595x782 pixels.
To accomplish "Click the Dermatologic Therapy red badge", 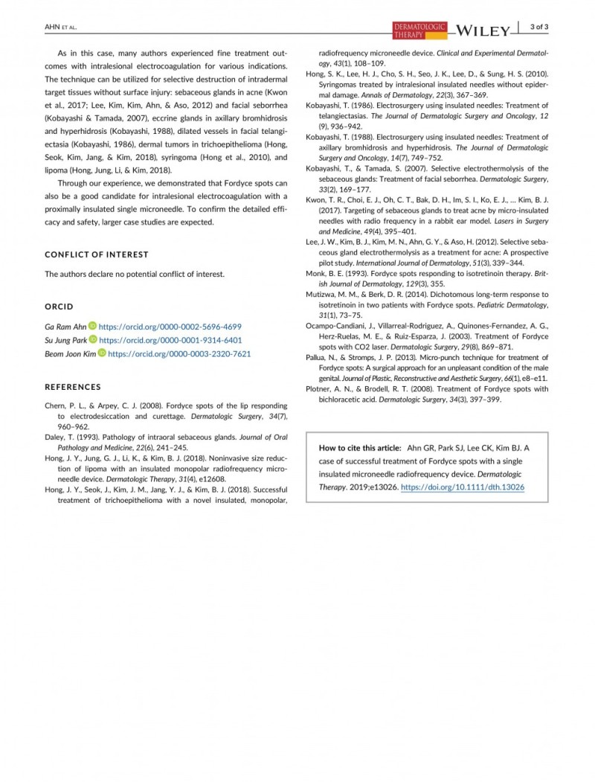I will click(419, 30).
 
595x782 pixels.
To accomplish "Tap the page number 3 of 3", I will click(539, 28).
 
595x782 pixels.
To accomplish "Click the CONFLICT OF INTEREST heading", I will click(97, 254).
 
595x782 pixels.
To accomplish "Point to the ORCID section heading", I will click(59, 307).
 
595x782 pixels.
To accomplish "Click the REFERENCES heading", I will click(73, 387).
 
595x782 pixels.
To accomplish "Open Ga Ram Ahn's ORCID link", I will click(170, 327).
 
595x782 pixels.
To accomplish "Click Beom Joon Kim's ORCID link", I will click(179, 354).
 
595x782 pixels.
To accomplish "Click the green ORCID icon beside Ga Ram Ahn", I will click(93, 327).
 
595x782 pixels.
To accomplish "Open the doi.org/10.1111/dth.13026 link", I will click(463, 487).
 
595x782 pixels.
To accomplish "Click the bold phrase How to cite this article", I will click(360, 448).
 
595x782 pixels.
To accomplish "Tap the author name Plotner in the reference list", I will click(321, 389).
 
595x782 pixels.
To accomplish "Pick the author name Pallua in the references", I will click(320, 358).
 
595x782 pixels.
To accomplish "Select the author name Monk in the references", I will click(318, 274).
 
